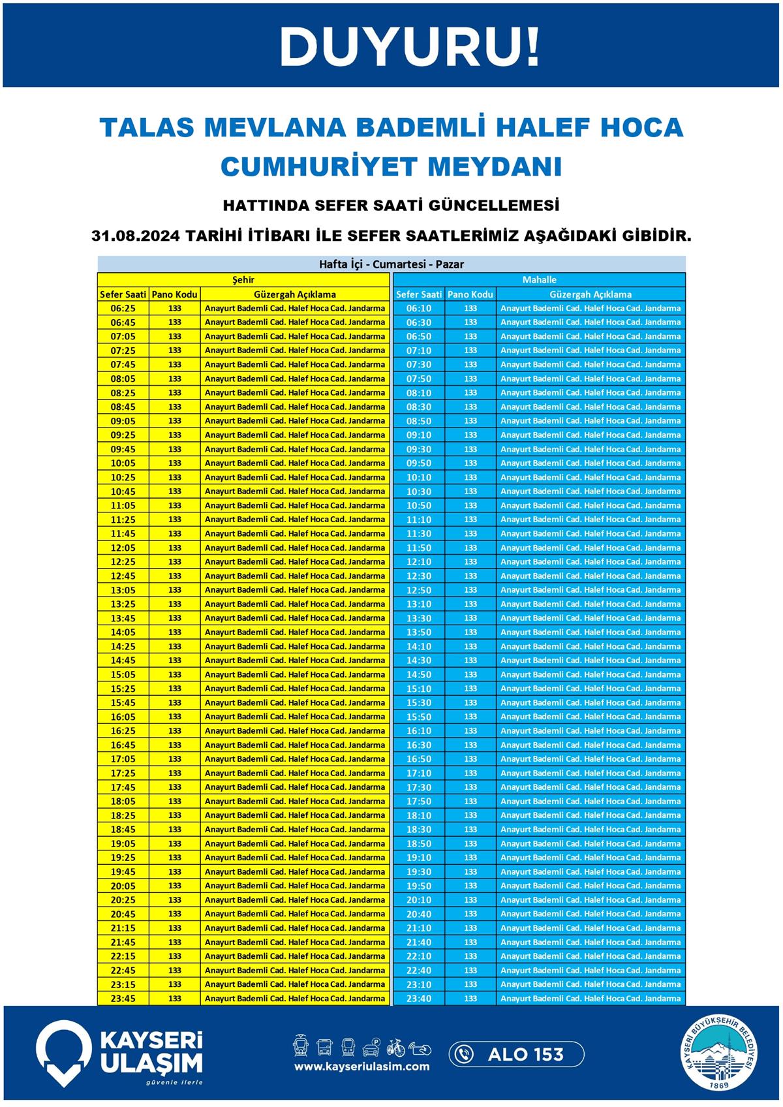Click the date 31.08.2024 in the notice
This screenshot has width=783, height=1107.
136,236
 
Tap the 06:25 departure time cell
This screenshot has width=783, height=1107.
123,308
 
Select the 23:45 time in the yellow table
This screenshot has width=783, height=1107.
123,999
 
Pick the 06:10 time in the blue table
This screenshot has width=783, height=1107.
419,308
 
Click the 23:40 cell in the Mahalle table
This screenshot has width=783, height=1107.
419,999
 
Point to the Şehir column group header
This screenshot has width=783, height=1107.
243,279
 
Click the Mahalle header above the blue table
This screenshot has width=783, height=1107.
539,279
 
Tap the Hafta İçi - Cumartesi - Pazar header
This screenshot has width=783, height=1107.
391,264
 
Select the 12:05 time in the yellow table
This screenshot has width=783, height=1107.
123,548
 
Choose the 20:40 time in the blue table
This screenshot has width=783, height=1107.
419,914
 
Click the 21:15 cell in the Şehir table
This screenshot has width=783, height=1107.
123,928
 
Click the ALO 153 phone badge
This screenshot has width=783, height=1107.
516,1054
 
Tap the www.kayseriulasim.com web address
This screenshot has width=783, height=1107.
361,1067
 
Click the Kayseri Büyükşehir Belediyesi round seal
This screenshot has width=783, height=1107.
720,1052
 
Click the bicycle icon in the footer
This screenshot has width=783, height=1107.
396,1047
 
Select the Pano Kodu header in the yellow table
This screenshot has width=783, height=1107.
174,294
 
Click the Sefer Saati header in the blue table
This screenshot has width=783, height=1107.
419,294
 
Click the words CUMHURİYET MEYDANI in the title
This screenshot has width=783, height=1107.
391,166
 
